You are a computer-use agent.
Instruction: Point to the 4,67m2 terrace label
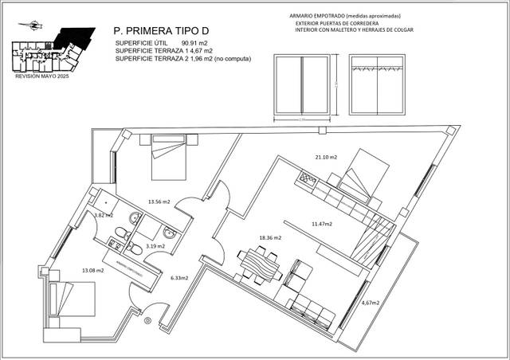pyautogui.click(x=371, y=303)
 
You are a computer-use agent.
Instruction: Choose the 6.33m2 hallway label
pyautogui.click(x=181, y=279)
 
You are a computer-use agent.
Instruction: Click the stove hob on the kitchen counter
pyautogui.click(x=307, y=180)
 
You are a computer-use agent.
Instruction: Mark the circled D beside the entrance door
pyautogui.click(x=147, y=321)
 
